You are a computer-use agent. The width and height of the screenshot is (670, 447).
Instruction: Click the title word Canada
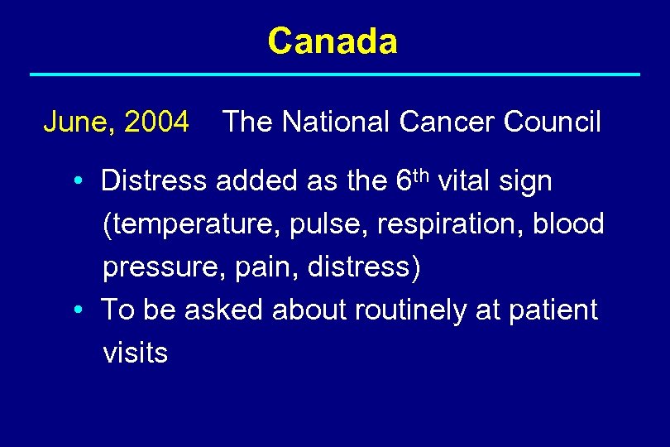[333, 41]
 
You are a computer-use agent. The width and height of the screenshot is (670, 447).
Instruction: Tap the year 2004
[156, 123]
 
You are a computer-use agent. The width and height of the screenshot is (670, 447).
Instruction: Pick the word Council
[552, 123]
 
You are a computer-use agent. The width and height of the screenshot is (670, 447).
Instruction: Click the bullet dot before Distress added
[76, 181]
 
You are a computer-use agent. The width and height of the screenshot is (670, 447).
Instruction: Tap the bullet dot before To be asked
[76, 310]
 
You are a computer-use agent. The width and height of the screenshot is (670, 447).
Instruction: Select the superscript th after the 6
[419, 173]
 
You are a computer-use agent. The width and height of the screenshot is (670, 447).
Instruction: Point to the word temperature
[189, 224]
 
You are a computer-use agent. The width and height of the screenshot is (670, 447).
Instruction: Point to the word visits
[135, 353]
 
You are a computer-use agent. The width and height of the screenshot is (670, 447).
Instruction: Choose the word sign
[527, 181]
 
